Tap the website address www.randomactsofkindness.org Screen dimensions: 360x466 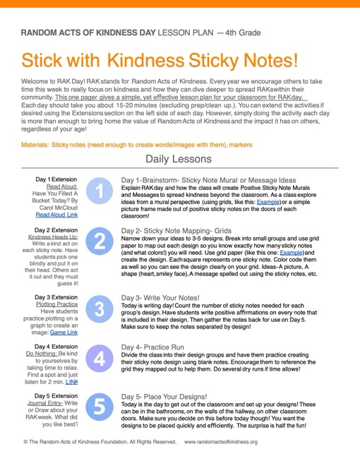221,442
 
